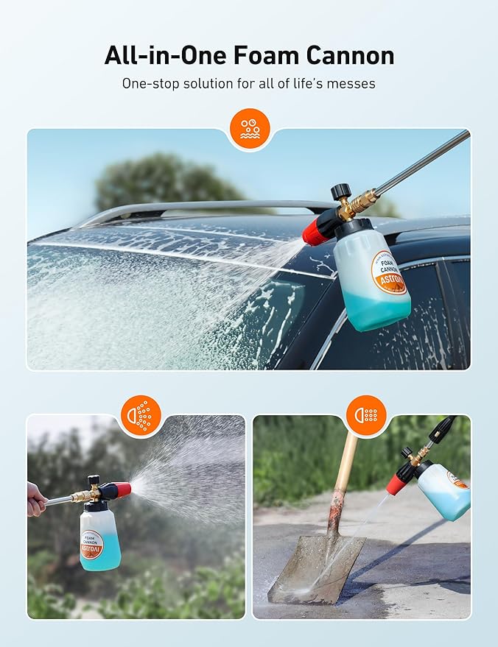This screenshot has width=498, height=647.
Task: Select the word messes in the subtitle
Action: point(351,83)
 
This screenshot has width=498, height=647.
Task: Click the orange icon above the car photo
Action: point(249,129)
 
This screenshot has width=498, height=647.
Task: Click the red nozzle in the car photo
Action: point(319,229)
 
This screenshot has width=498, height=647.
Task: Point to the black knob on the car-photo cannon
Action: point(342,194)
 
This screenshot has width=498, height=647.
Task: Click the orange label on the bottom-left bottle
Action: point(91,545)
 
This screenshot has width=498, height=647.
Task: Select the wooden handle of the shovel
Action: point(342,479)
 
